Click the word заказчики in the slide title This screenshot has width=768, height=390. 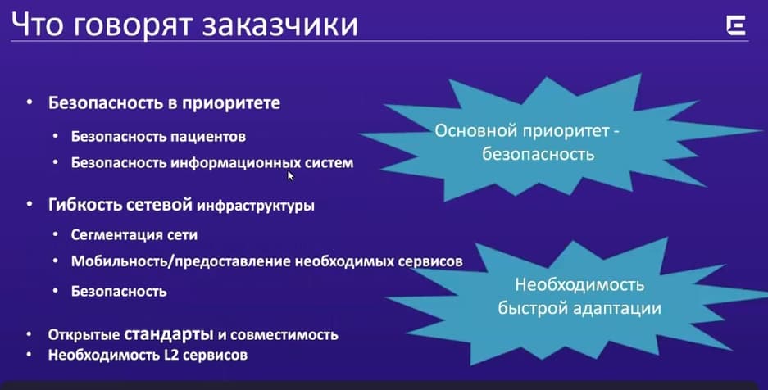tap(279, 25)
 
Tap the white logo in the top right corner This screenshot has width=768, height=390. tap(736, 25)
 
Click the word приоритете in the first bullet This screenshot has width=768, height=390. tap(231, 103)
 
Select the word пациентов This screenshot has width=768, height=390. tap(208, 137)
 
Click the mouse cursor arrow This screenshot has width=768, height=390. tap(290, 175)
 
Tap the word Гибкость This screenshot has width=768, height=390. tap(84, 205)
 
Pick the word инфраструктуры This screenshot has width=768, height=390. tap(255, 206)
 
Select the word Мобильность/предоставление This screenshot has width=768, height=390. tap(181, 261)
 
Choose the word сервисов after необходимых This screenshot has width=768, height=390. tap(430, 261)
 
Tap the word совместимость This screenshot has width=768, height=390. tap(284, 335)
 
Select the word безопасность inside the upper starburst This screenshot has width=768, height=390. tap(538, 154)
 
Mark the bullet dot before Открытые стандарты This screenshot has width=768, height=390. tap(30, 335)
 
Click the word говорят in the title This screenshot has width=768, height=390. tap(132, 26)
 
